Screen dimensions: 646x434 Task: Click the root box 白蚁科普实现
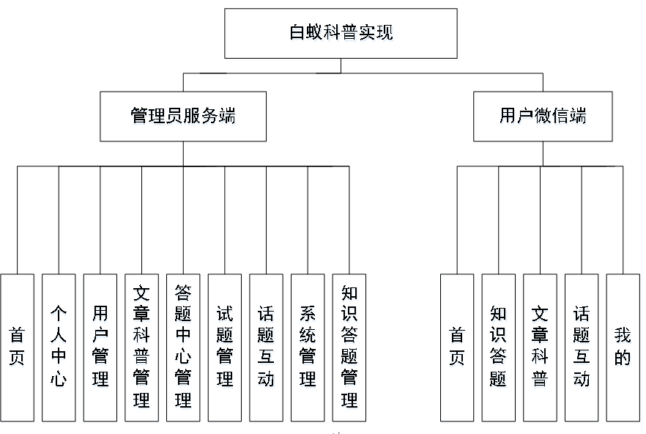[x=341, y=34]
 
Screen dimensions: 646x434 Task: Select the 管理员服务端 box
[x=183, y=117]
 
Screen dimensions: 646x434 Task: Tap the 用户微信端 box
[x=543, y=117]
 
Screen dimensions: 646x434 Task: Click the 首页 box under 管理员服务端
[x=18, y=347]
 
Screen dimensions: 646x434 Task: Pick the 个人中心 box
[x=59, y=347]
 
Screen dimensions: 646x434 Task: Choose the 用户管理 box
[x=100, y=347]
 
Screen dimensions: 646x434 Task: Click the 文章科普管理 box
[x=142, y=347]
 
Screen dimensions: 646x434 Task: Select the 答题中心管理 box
[x=183, y=347]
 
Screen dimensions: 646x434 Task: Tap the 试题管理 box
[x=225, y=347]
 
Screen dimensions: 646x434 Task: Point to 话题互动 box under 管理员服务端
[x=266, y=347]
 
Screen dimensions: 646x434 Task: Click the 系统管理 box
[x=308, y=347]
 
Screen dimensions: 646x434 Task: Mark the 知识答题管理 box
[x=349, y=347]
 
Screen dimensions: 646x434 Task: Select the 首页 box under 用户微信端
[x=457, y=347]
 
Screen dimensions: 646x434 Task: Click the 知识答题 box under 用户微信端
[x=499, y=347]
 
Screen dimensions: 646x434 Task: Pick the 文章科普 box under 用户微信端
[x=540, y=347]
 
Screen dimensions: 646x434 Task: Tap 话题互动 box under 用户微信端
[x=582, y=347]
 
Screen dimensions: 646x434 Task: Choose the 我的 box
[x=623, y=347]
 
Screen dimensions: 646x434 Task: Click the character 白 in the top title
[x=297, y=32]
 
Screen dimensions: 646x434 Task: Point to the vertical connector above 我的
[x=623, y=220]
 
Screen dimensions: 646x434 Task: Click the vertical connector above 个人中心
[x=59, y=220]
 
